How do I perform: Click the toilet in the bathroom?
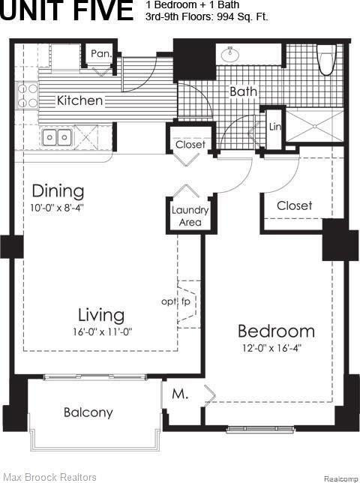pos(326,60)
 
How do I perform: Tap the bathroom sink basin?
pos(230,55)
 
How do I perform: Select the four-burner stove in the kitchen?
pos(28,95)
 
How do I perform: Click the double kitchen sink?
pos(57,137)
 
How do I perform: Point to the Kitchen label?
pos(79,100)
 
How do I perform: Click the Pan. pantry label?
pos(101,54)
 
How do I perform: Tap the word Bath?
pos(243,91)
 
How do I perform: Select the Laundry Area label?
pos(190,216)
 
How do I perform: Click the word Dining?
pos(58,191)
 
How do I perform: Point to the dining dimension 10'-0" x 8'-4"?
pos(57,208)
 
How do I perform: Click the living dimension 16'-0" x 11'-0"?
pos(102,331)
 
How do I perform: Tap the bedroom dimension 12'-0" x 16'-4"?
pos(271,348)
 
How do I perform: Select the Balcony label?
pos(88,412)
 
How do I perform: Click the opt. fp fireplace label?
pos(175,301)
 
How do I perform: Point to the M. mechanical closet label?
pos(180,394)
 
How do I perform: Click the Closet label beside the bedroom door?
pos(295,205)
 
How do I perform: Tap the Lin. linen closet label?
pos(275,127)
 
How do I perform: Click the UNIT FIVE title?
pos(67,10)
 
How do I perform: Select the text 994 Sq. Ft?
pos(242,16)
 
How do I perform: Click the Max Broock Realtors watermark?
pos(50,478)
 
